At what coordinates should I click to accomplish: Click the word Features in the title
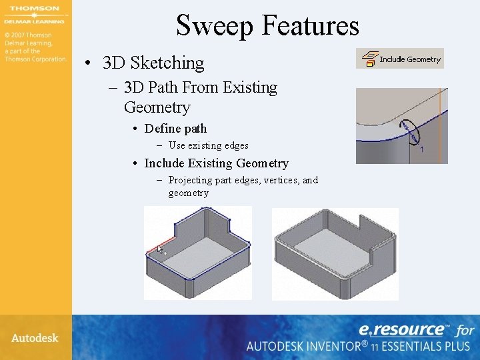pos(310,26)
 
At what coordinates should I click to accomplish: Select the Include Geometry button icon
pos(367,59)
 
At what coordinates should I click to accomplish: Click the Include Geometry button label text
pos(410,59)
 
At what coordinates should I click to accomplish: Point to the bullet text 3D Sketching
pos(153,63)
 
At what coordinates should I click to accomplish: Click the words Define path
pos(175,129)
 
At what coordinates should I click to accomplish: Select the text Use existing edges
pos(208,145)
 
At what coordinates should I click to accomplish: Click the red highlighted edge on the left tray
pos(160,243)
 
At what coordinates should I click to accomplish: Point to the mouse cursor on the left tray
pos(160,251)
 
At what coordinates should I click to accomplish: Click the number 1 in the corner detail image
pos(421,150)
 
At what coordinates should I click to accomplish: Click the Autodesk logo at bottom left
pos(35,337)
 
